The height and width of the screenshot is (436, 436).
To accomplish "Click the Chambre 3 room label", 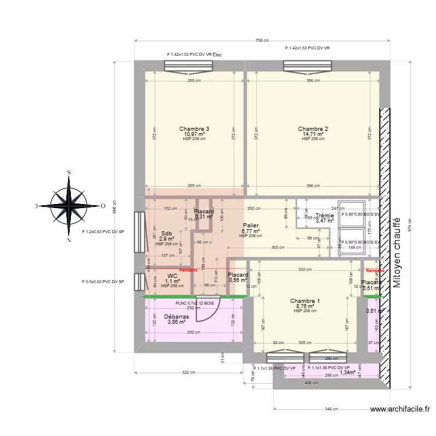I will [194, 129].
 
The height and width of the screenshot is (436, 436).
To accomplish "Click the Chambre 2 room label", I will [313, 129].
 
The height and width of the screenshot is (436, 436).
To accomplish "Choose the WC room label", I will [172, 276].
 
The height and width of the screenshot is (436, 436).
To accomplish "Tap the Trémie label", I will [324, 216].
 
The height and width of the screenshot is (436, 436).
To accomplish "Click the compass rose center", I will [69, 205].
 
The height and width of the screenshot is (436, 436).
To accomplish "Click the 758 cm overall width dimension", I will [262, 41].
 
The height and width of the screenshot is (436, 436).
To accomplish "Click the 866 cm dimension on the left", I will [115, 205].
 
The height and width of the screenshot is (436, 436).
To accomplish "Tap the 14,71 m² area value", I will [313, 134].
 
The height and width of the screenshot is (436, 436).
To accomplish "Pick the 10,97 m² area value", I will [194, 134].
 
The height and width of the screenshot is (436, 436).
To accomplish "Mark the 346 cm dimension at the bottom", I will [330, 409].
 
